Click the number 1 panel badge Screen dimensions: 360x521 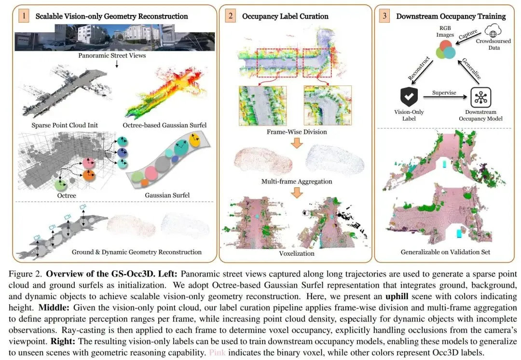click(23, 16)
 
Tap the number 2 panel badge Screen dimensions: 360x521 click(230, 16)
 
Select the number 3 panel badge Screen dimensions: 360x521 click(384, 16)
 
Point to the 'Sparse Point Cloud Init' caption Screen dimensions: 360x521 click(65, 125)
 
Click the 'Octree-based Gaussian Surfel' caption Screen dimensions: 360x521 click(165, 125)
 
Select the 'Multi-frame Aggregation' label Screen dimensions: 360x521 click(297, 181)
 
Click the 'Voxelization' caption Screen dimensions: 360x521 click(297, 253)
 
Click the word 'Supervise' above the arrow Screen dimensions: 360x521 click(444, 92)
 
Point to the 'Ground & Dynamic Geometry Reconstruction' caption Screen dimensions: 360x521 click(137, 252)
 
